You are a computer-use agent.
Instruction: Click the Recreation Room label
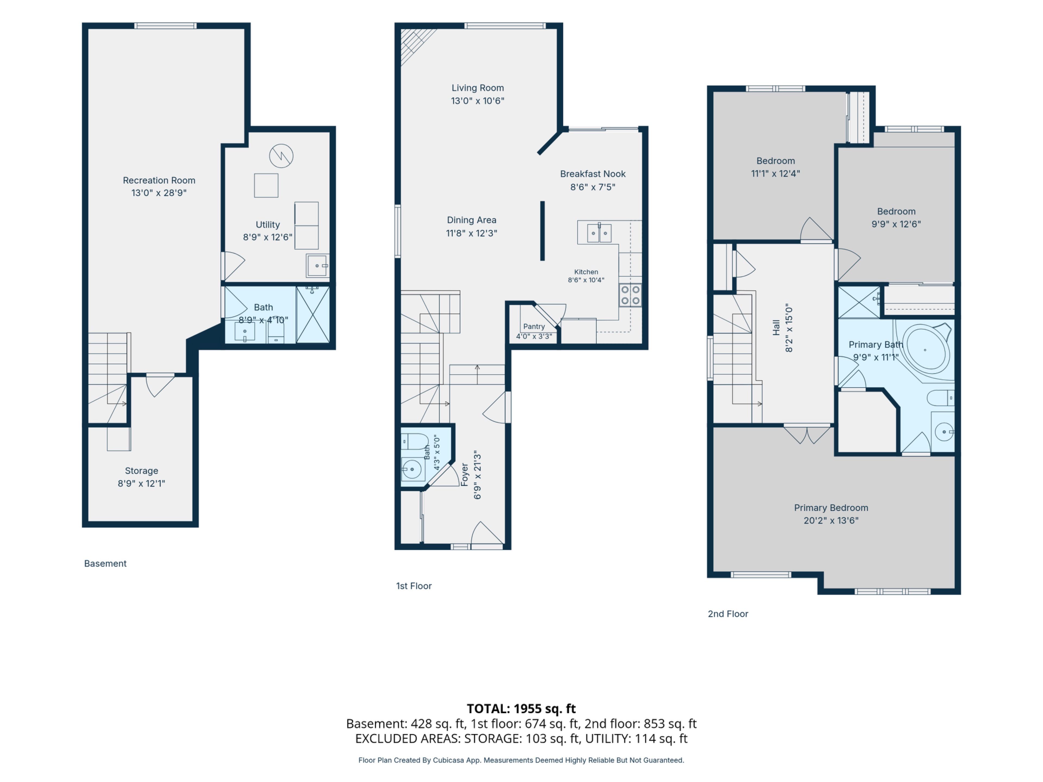coord(159,181)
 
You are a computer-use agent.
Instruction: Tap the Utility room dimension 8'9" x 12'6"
coord(267,237)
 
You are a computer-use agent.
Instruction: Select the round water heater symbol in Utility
coord(281,156)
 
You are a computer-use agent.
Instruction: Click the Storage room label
coord(142,471)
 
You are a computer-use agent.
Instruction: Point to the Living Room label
coord(478,88)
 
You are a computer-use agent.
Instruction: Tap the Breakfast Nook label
coord(593,174)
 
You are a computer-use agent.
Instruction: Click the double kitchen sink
coord(599,233)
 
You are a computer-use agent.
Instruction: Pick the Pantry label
coord(534,327)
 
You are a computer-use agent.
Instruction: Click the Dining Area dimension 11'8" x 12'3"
coord(472,233)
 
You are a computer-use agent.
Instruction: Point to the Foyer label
coord(464,475)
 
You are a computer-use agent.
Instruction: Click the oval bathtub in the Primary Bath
coord(925,350)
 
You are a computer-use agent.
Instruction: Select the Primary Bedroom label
coord(831,508)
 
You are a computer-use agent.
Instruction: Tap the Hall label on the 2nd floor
coord(776,328)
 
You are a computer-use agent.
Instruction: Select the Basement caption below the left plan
coord(105,564)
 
